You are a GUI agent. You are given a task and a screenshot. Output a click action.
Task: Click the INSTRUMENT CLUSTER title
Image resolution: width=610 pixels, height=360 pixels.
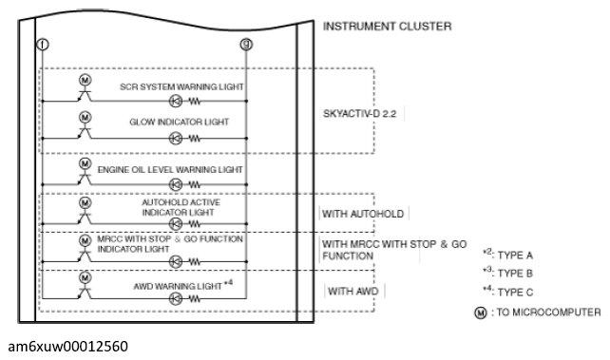tap(387, 27)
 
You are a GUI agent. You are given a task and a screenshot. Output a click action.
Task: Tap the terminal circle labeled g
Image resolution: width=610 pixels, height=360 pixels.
tap(246, 45)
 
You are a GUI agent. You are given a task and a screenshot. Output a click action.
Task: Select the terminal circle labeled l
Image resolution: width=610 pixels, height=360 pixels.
tap(43, 45)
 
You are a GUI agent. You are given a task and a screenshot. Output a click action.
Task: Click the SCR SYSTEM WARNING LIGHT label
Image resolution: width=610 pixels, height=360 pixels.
tap(181, 86)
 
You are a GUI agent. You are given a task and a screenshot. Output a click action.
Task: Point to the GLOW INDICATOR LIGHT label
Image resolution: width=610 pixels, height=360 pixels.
tap(179, 123)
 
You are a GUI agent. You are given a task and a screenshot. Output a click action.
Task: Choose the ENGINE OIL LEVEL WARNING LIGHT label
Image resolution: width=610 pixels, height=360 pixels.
tap(170, 170)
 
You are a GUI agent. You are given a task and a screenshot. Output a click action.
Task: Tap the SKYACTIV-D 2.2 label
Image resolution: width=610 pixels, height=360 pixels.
tap(359, 114)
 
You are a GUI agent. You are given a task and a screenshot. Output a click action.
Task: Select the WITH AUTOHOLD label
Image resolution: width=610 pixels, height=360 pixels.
tap(363, 214)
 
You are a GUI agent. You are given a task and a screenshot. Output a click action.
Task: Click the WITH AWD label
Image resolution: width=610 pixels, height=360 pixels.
tap(353, 292)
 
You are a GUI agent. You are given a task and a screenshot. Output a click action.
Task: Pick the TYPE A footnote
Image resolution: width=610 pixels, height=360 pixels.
tap(507, 255)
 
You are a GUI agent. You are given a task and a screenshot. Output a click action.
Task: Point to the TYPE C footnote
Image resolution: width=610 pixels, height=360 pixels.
tap(507, 292)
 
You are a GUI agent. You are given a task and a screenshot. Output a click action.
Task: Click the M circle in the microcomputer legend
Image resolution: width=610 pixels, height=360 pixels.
tap(481, 313)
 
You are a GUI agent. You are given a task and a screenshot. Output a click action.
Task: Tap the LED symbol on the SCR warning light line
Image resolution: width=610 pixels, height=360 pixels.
tap(176, 102)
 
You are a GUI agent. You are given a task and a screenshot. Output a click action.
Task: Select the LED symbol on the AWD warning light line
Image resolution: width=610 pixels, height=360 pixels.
tap(176, 298)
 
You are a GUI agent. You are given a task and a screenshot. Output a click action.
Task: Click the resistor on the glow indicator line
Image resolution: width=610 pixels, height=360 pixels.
tap(195, 139)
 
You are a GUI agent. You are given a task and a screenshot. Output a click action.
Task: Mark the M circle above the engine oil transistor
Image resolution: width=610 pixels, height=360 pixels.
tap(86, 163)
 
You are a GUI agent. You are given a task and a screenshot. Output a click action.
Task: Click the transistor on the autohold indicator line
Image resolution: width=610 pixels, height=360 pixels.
tap(85, 218)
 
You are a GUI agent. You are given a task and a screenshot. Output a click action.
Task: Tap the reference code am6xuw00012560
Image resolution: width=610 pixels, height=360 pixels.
tap(67, 346)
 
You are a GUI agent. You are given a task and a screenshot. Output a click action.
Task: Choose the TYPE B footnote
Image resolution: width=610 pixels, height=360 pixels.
tap(507, 273)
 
